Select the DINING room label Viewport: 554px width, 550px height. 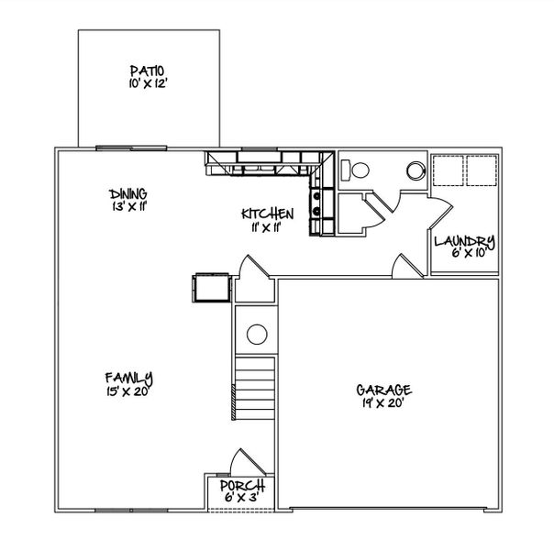128,193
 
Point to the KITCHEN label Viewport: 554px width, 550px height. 268,214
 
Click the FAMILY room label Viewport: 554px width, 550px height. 128,378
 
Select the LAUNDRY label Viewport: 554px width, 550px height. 464,242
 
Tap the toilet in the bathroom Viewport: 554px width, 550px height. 356,169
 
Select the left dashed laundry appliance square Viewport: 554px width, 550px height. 449,169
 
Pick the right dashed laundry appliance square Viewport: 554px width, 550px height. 482,169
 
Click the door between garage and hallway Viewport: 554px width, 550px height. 402,267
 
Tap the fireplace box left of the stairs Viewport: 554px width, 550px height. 209,286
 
